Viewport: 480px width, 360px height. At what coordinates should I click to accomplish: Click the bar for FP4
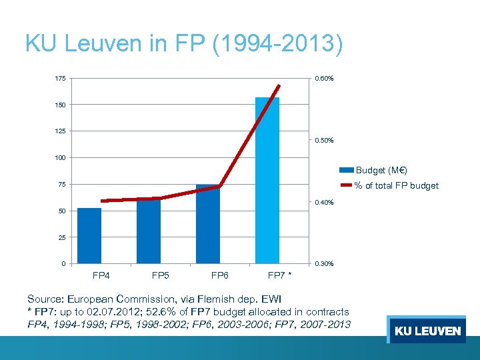tap(89, 236)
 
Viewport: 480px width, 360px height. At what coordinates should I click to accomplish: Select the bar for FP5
tap(149, 231)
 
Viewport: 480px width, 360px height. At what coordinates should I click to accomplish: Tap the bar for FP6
tap(208, 224)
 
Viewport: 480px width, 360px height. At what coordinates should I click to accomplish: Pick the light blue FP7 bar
tap(267, 180)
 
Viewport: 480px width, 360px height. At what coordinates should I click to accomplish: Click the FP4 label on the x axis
tap(101, 275)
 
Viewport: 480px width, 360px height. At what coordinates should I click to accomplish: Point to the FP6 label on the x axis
tap(220, 275)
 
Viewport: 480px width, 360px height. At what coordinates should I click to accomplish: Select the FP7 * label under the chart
tap(279, 275)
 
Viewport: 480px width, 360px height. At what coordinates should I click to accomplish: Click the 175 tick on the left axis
tap(60, 79)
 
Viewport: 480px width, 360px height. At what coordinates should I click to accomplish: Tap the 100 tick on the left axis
tap(60, 158)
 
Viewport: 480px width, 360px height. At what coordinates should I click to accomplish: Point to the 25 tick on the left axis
tap(61, 237)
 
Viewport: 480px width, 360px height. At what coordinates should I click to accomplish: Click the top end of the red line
tap(279, 85)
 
